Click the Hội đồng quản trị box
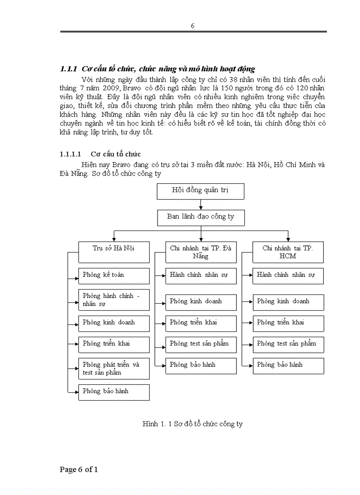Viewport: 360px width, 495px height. [x=200, y=191]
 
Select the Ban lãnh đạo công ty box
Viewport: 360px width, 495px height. [x=200, y=217]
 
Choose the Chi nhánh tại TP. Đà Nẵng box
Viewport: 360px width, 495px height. [x=201, y=252]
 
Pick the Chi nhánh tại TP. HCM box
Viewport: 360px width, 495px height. [x=288, y=252]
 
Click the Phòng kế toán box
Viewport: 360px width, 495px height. [x=114, y=275]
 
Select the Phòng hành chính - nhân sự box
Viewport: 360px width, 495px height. [x=114, y=300]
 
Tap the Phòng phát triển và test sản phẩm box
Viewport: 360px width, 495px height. [x=114, y=368]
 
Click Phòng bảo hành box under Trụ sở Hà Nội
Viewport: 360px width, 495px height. [x=114, y=392]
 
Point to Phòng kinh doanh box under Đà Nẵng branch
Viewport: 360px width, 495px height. [x=201, y=302]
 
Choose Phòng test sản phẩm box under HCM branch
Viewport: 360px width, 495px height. [x=288, y=344]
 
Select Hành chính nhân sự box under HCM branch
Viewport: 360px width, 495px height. [x=288, y=275]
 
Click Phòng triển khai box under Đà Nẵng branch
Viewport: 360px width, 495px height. [x=201, y=323]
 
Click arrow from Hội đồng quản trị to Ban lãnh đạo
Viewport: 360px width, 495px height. [x=201, y=205]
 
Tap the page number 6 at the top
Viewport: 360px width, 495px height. [x=193, y=26]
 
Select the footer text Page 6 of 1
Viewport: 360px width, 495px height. [x=79, y=469]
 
